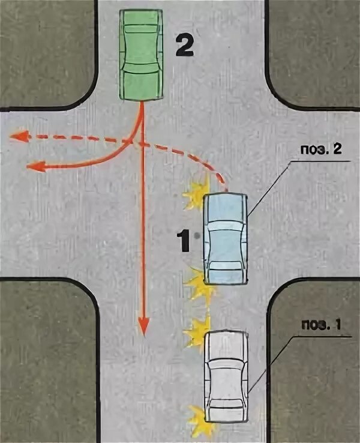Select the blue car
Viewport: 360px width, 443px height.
coord(225,239)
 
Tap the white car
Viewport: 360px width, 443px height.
coord(226,376)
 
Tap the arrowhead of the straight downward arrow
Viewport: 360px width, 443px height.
coord(143,327)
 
